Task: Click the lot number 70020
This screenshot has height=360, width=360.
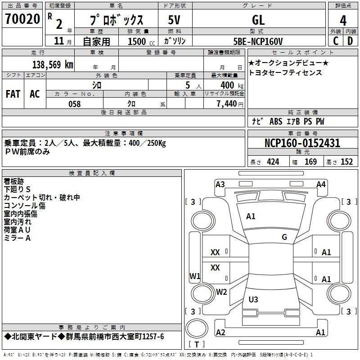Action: coord(22,19)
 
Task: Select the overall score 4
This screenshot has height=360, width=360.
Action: coord(343,21)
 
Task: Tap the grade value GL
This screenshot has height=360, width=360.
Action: coord(258,20)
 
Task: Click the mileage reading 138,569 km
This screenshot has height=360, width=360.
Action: coord(53,65)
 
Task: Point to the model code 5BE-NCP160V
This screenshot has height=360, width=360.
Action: coord(258,41)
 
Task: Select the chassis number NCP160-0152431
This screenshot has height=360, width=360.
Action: coord(302,143)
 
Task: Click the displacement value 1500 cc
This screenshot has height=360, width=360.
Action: coord(141,41)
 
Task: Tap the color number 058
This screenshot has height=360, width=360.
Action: coord(74,104)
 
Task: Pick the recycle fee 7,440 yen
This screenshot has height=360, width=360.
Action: coord(230,104)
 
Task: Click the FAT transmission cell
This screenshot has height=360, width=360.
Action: coord(13,94)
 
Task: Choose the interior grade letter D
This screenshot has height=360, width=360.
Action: coord(350,41)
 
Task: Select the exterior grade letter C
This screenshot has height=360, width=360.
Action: coord(336,41)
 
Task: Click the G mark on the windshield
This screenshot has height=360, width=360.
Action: coord(284,237)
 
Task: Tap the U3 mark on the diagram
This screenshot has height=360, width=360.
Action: coord(253,300)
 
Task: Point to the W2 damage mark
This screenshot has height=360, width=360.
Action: coord(221,292)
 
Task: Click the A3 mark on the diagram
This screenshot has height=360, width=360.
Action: coord(220,184)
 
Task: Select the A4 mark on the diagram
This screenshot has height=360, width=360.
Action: coord(321,184)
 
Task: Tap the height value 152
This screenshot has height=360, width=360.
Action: coord(346,162)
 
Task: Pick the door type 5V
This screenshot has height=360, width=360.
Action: coord(174,20)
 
